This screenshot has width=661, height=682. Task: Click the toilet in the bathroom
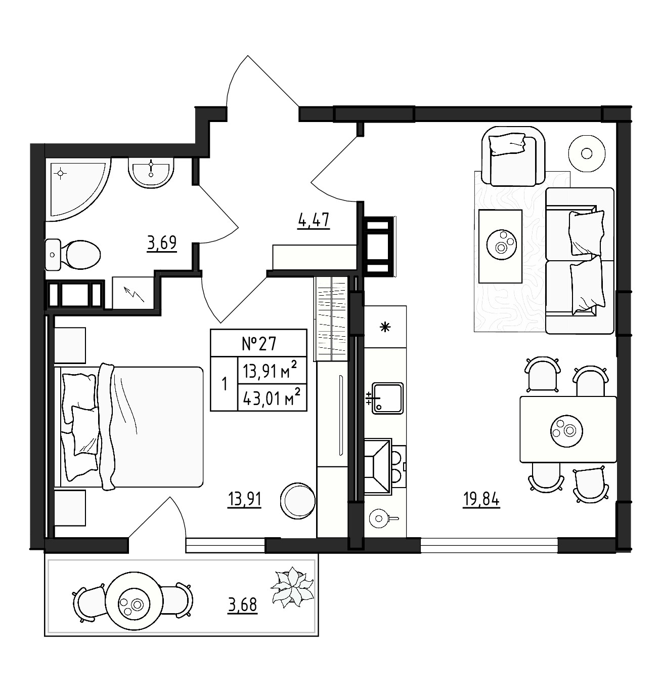point(73,255)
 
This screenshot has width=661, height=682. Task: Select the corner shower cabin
point(78,189)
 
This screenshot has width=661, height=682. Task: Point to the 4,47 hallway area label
point(314,221)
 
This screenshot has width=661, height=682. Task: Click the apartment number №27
point(259,344)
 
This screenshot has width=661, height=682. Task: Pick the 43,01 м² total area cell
point(272,398)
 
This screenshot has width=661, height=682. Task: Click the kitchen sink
point(387,398)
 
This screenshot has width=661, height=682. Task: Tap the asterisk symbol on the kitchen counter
point(385,328)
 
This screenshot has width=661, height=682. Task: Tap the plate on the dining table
point(567,431)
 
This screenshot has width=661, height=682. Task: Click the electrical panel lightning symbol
point(135,294)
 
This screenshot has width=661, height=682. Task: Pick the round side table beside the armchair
point(587,153)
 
